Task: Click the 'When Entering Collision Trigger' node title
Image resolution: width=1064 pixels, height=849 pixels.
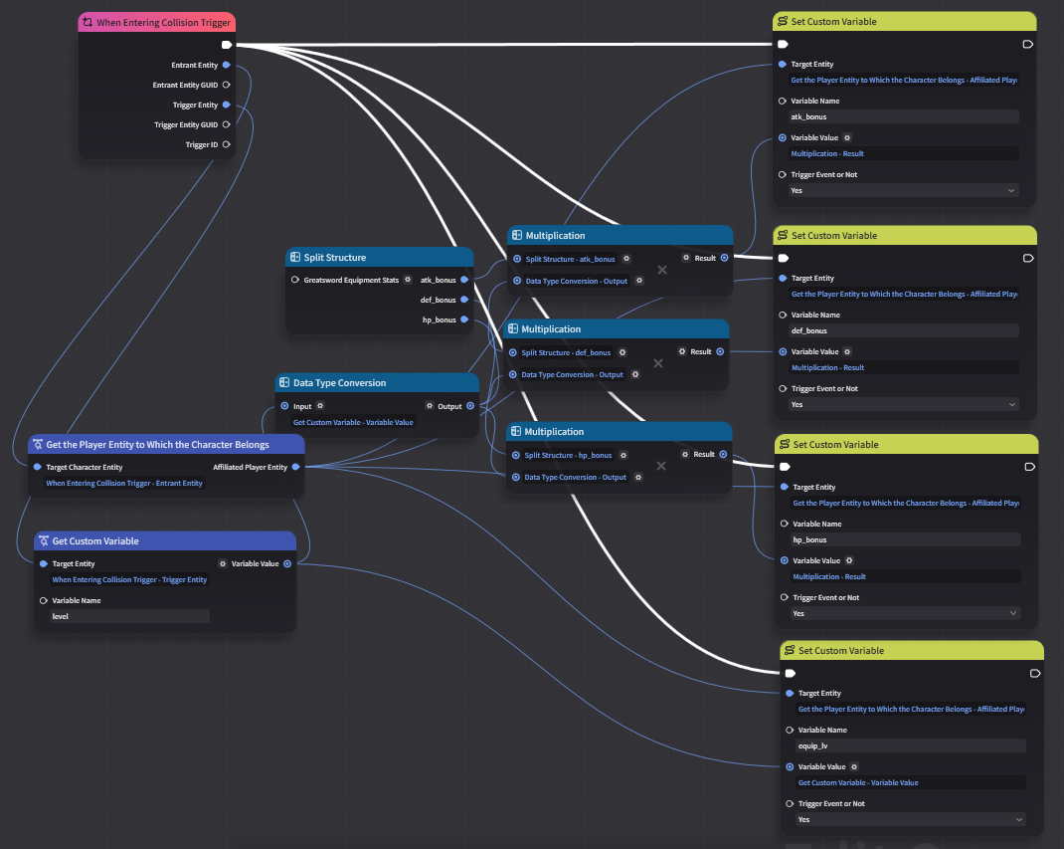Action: click(163, 23)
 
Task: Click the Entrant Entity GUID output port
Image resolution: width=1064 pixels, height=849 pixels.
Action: click(227, 85)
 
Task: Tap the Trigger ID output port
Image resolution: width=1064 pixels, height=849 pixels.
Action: click(227, 144)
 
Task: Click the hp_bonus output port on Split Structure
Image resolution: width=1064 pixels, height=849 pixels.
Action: click(464, 319)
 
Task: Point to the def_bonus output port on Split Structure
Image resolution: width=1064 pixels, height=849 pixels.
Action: click(464, 300)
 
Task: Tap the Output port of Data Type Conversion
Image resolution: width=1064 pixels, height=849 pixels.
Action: click(470, 406)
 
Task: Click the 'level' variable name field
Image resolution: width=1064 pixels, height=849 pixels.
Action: click(129, 616)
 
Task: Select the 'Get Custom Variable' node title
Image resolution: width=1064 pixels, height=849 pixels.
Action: click(95, 541)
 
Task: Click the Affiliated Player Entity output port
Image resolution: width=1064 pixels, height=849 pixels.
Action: click(296, 467)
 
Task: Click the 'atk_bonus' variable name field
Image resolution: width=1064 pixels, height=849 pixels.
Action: click(904, 116)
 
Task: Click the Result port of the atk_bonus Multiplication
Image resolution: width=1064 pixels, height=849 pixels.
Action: click(725, 258)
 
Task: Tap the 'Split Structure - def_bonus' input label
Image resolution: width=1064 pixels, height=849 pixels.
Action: click(566, 352)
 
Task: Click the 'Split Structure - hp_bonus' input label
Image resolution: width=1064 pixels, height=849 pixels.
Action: click(568, 455)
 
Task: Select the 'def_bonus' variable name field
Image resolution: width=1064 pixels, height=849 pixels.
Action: click(904, 330)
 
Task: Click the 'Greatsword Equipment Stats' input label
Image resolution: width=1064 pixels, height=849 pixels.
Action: click(351, 280)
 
